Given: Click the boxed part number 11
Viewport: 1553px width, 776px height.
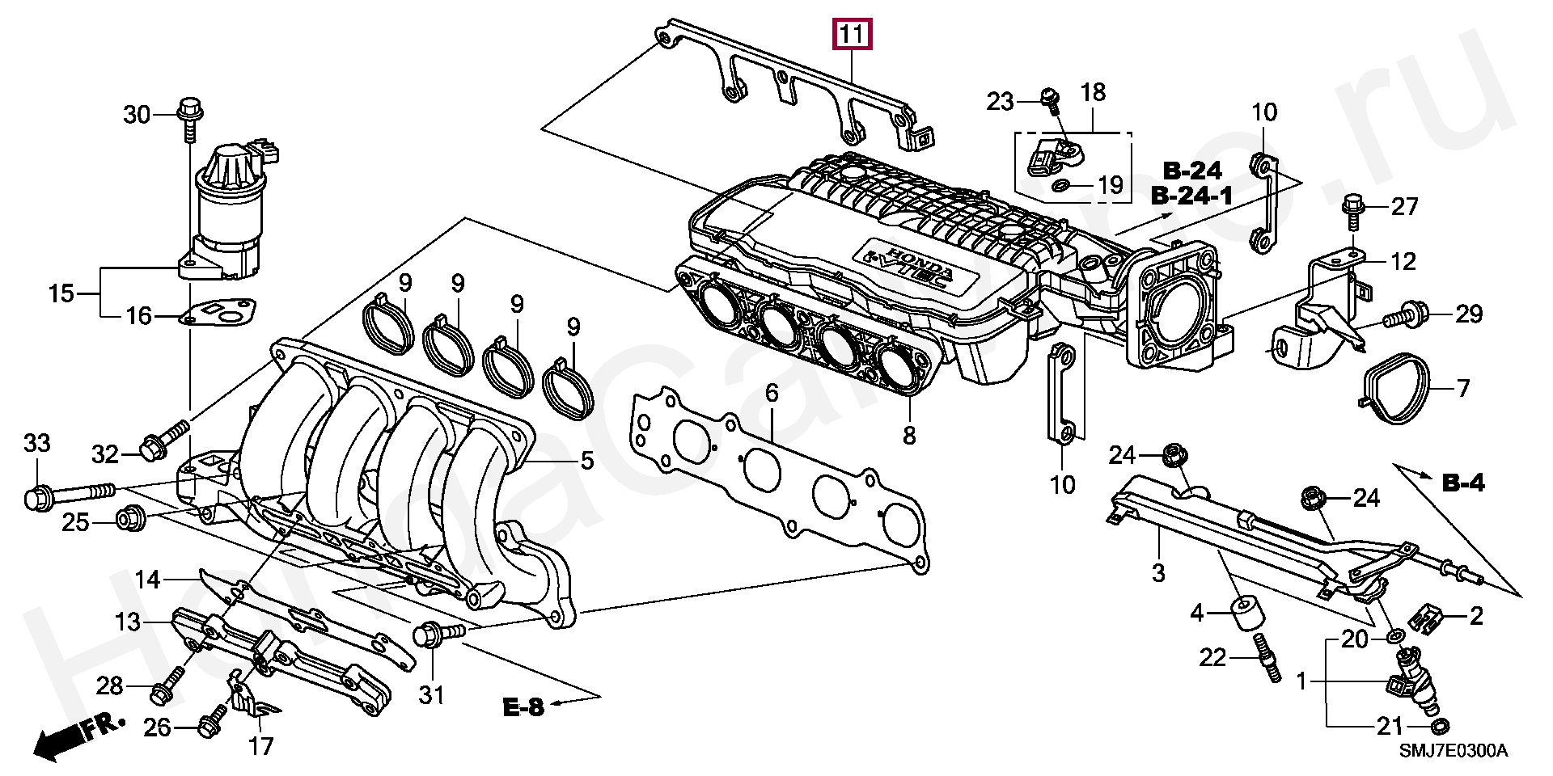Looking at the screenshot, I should point(853,36).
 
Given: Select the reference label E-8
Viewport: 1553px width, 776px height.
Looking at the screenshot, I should point(523,707).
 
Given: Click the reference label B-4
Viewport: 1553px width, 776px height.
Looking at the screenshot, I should point(1464,483).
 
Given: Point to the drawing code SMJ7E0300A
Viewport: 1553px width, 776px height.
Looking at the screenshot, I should point(1454,751).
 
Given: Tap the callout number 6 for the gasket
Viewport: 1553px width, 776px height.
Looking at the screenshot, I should point(772,394).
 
